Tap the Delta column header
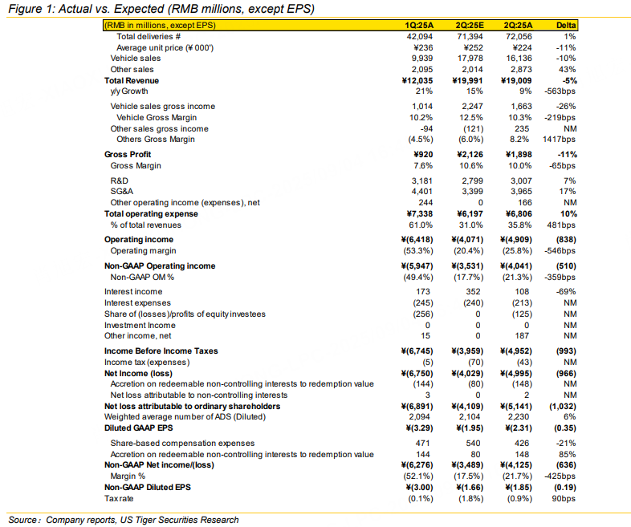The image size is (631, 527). (x=566, y=26)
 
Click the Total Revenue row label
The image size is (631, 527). (x=132, y=81)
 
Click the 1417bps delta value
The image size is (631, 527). (x=561, y=140)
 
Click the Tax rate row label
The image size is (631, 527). (x=120, y=499)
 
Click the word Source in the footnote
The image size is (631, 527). (x=23, y=520)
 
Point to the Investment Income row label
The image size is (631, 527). (x=140, y=325)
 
